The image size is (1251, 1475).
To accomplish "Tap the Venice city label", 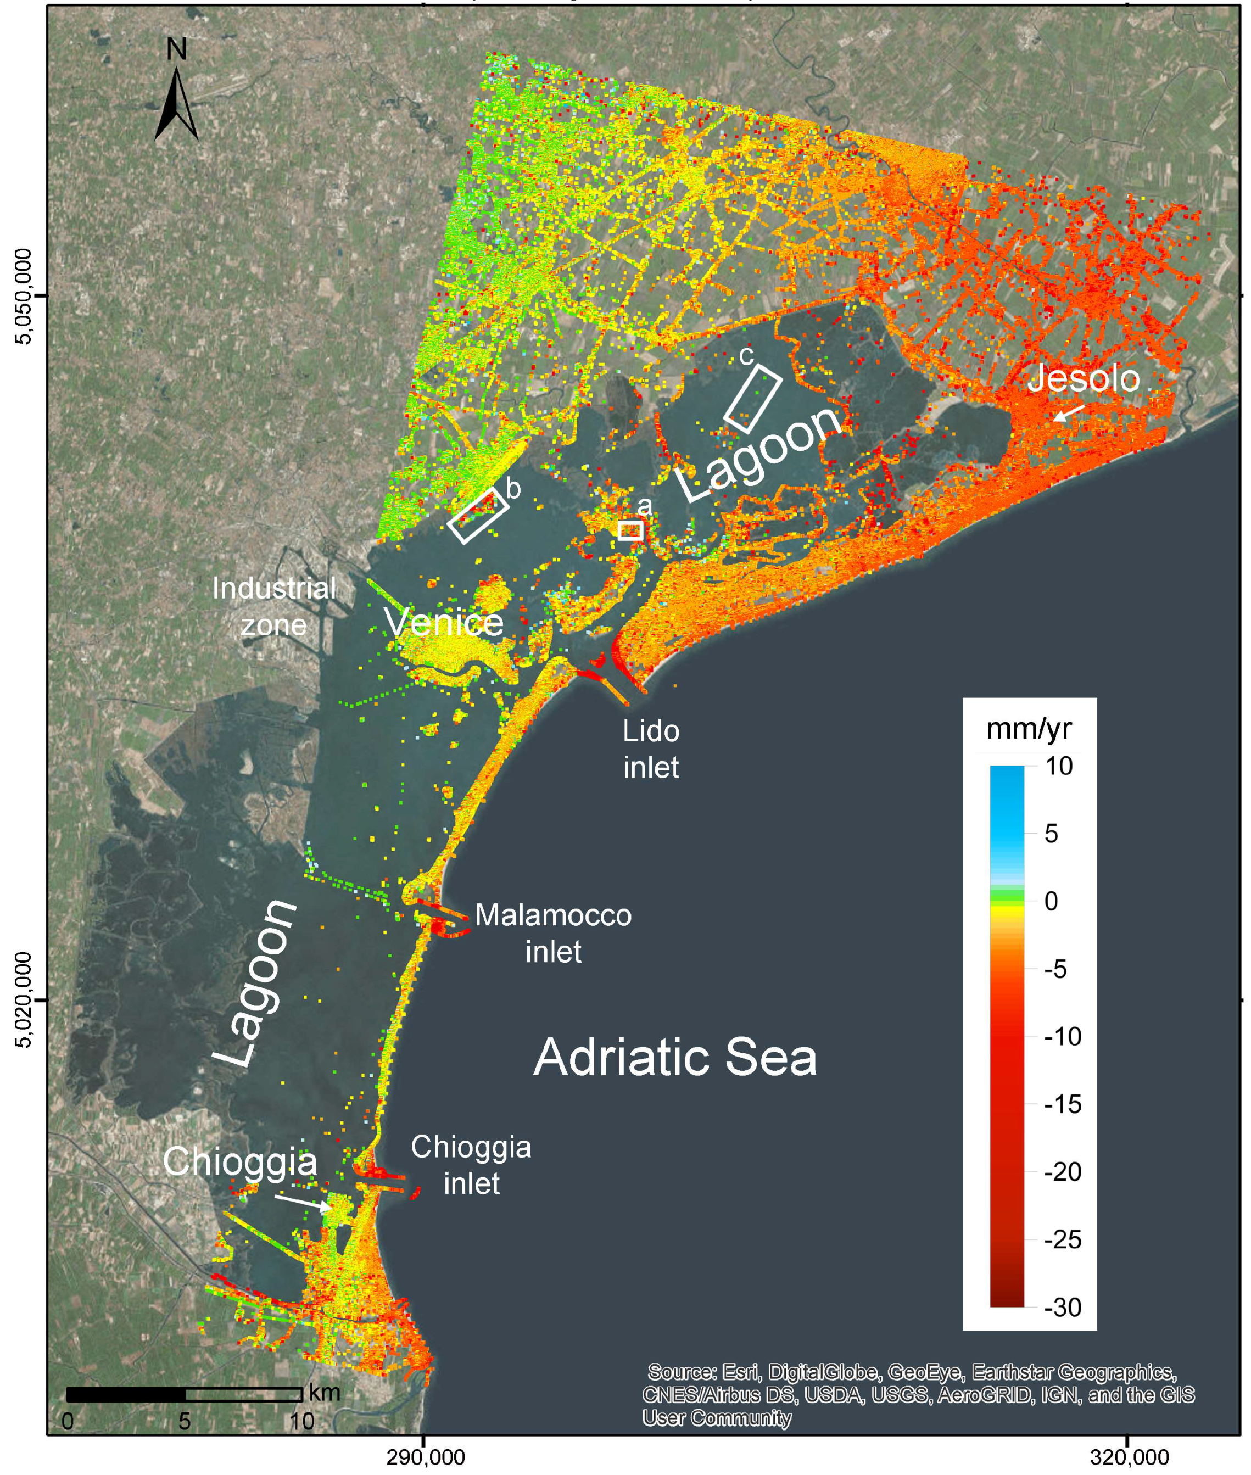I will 444,623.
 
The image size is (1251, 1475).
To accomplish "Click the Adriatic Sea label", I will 674,1057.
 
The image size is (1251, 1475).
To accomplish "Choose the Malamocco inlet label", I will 553,933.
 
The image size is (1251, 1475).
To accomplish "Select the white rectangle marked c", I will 753,399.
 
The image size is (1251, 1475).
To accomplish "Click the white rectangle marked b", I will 478,516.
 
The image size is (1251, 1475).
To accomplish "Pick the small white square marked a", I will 630,530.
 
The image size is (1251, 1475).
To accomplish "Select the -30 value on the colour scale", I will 1062,1306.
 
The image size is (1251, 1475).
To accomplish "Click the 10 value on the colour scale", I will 1059,766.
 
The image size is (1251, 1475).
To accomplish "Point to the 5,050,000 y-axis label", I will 25,297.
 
